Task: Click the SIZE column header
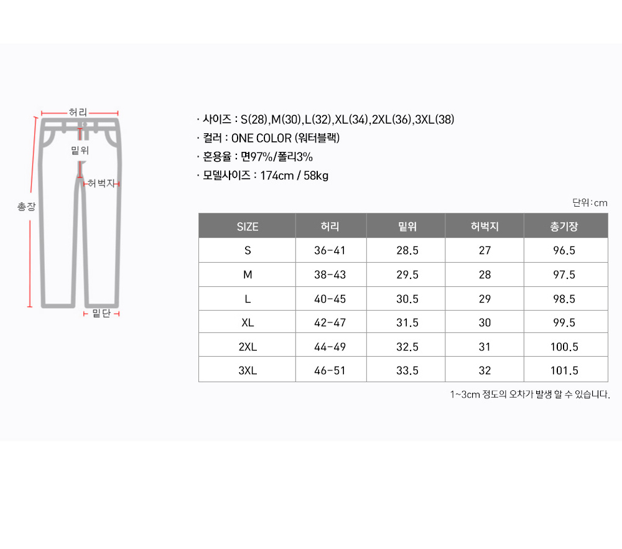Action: click(x=247, y=227)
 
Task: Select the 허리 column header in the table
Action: click(x=330, y=227)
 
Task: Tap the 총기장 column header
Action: click(x=564, y=227)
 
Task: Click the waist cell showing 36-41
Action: click(x=330, y=250)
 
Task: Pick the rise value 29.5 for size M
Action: click(x=407, y=274)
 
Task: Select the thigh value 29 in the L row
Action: click(x=485, y=299)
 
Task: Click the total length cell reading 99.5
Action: click(x=564, y=322)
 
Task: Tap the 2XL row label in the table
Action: click(x=248, y=347)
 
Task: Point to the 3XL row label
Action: click(x=248, y=371)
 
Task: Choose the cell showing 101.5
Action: click(x=564, y=371)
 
